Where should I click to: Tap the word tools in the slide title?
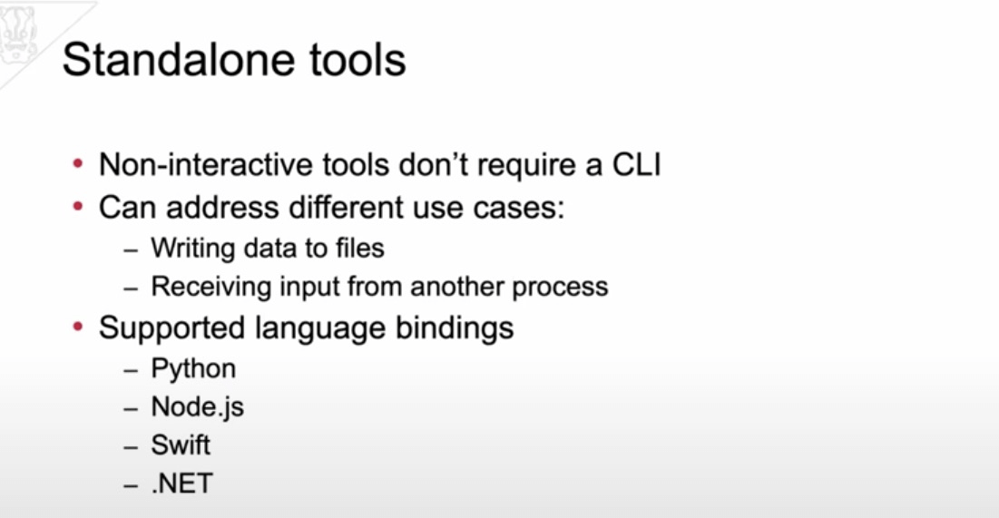point(358,60)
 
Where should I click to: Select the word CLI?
point(636,165)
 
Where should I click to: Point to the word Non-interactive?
point(206,165)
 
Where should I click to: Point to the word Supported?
point(171,328)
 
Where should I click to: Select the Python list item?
point(193,369)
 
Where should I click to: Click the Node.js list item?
point(198,407)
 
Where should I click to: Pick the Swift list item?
point(181,445)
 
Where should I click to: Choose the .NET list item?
point(182,484)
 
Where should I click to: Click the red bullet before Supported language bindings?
point(78,327)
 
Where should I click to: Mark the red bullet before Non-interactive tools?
point(78,164)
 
